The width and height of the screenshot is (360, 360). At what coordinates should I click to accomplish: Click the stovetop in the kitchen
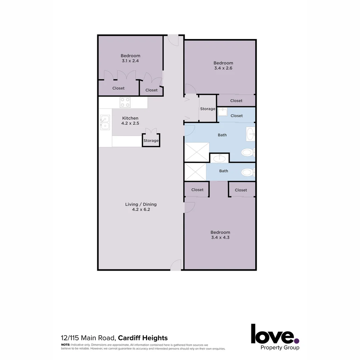tap(125, 102)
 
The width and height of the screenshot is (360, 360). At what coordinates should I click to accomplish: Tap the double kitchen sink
tap(105, 122)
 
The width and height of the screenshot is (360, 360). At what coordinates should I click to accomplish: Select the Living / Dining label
tap(141, 204)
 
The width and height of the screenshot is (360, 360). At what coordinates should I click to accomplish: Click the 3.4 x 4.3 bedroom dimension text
tap(220, 238)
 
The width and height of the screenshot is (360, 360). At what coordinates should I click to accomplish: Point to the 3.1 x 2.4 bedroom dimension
tap(130, 61)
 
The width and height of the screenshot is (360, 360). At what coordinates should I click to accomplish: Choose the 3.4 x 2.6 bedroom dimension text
tap(223, 68)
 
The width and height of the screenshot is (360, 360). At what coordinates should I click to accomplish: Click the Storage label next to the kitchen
tap(151, 141)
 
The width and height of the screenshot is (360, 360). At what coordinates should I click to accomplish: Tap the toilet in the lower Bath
tap(247, 172)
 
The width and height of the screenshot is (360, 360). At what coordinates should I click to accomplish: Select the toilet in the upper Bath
tap(247, 153)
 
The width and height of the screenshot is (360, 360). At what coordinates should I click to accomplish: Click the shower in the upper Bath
tap(197, 152)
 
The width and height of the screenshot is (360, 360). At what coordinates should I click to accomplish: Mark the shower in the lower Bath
tap(195, 172)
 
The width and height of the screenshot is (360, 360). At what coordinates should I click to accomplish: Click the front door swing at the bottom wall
tap(176, 265)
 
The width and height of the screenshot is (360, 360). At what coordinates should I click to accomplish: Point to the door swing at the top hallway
tap(173, 40)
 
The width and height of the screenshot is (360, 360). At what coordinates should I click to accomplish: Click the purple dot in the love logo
tap(297, 341)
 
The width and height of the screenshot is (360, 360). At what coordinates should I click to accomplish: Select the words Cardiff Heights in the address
tap(143, 338)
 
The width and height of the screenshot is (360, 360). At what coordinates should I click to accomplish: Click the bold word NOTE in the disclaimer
tap(65, 345)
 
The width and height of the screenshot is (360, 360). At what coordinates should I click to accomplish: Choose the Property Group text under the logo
tap(280, 348)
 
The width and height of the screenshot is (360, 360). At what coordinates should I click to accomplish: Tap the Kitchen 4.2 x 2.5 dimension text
tap(130, 123)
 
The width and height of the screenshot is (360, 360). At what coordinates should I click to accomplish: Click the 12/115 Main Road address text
tap(88, 338)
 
